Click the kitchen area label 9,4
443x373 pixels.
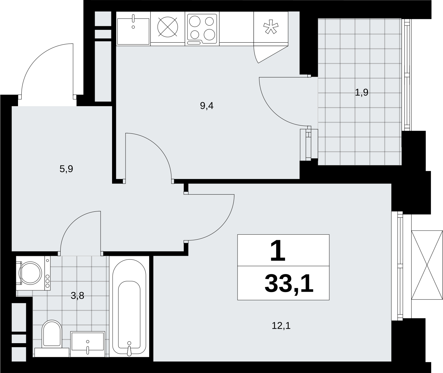point(207,106)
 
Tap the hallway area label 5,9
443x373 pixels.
point(66,169)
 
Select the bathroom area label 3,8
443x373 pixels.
point(77,296)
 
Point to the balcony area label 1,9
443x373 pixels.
point(361,92)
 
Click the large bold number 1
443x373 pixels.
point(278,250)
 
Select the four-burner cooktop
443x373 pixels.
point(202,29)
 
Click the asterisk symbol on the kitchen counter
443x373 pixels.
point(271,27)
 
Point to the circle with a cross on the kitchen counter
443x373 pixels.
point(168,27)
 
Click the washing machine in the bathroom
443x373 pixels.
point(33,273)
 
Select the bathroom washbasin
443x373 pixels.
point(87,344)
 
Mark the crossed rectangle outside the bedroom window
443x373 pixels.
point(427,265)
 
